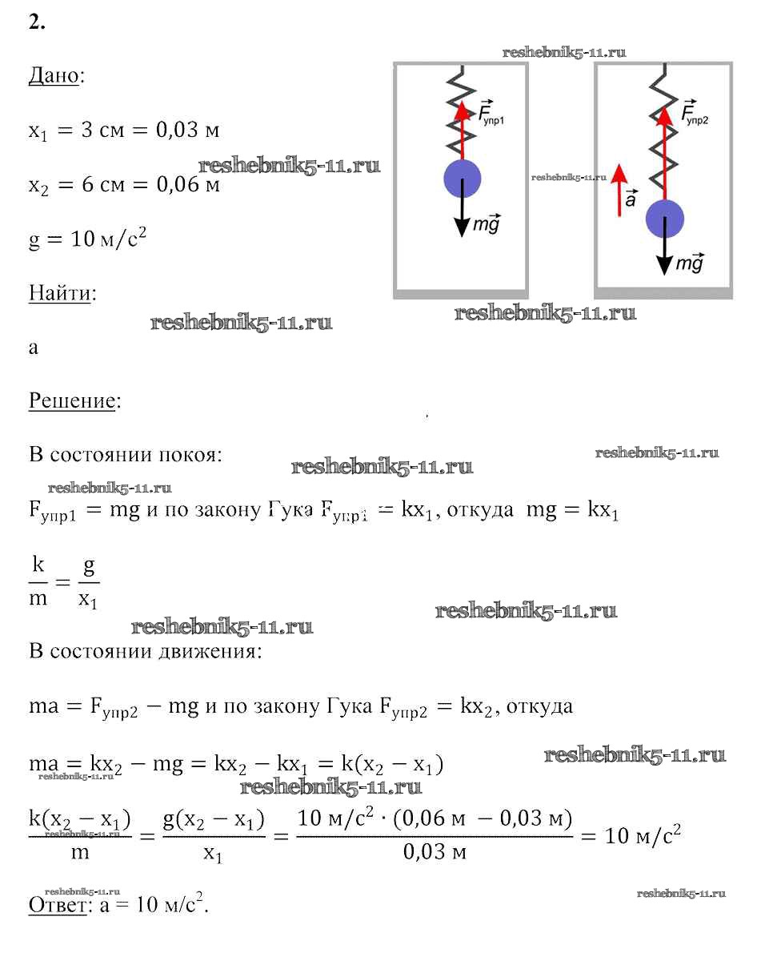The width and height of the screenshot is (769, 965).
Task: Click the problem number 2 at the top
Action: pos(37,22)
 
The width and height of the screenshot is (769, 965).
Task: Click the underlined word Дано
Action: pos(54,76)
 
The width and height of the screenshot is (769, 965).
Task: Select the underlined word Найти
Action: pos(60,293)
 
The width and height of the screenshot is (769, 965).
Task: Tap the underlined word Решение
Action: pos(72,400)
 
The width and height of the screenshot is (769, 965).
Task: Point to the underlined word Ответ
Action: pos(57,905)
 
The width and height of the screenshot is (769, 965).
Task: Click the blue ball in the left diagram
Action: pos(462,179)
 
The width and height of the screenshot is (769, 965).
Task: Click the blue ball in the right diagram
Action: pos(664,219)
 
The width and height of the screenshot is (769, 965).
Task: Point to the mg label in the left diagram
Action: pos(487,225)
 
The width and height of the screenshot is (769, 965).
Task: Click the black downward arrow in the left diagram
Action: pos(462,216)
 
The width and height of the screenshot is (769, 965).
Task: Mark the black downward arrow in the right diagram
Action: pos(664,256)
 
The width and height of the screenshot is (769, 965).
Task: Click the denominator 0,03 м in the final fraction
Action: pos(435,852)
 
